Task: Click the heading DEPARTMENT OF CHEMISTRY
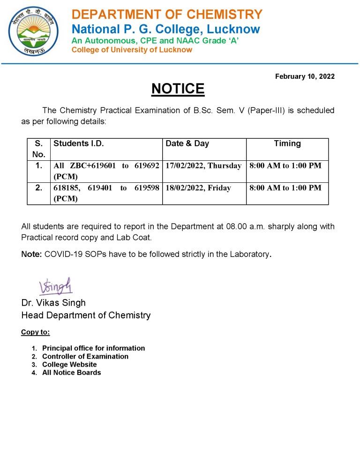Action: tap(167, 15)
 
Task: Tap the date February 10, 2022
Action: tap(305, 76)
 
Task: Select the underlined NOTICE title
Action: tap(178, 89)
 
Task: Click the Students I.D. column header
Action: tap(78, 143)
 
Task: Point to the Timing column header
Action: tap(287, 143)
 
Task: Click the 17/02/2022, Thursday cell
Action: tap(203, 165)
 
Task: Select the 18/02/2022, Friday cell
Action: tap(198, 188)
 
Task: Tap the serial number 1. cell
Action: tap(39, 165)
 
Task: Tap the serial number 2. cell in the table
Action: tap(39, 188)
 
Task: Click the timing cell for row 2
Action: tap(285, 188)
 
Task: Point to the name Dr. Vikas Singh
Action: tap(53, 303)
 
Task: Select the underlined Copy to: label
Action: tap(35, 332)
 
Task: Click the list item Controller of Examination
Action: tap(85, 356)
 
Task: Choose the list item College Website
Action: tap(69, 364)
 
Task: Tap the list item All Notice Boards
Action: tap(71, 373)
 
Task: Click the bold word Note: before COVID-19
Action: tap(31, 255)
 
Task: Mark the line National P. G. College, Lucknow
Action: tap(165, 29)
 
